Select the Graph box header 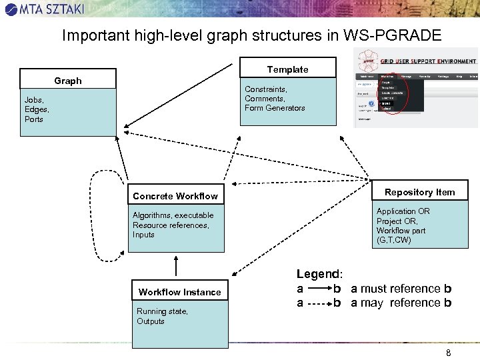pos(68,81)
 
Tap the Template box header pos(287,69)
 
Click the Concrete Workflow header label pos(175,196)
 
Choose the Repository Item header pos(419,192)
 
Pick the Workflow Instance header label pos(179,292)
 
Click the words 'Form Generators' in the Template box pos(275,108)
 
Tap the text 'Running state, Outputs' pos(162,316)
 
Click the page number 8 pos(448,353)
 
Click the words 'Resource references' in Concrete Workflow pos(170,225)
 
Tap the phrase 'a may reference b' pos(401,303)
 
